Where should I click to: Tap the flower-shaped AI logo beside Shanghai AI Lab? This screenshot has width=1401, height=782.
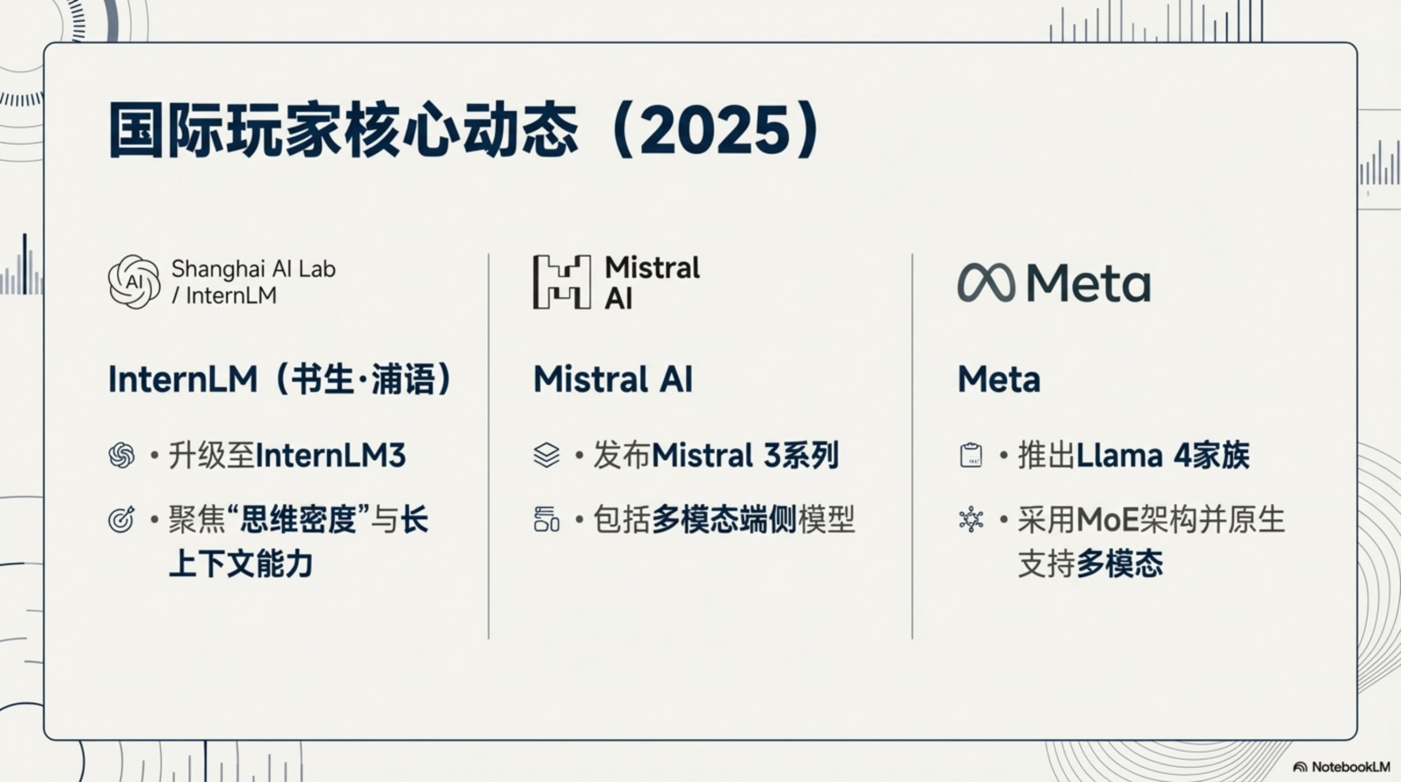134,281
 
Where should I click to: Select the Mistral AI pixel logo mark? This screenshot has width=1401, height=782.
561,282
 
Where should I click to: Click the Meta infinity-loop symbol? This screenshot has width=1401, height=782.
986,282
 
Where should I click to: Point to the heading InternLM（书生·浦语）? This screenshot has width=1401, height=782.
280,379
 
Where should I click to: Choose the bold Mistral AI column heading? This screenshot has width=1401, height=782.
613,379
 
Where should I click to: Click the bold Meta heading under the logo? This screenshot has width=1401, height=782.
999,379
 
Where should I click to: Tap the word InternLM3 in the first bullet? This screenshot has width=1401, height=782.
331,455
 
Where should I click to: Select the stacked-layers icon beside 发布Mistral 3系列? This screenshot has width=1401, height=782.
546,455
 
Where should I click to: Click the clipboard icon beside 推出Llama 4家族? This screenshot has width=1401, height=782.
971,455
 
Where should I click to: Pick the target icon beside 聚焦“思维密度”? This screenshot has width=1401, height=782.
121,519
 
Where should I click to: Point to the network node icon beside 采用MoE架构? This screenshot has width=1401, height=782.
971,519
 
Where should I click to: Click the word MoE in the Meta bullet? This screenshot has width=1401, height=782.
1107,519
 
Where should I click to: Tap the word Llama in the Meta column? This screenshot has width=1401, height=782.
1119,455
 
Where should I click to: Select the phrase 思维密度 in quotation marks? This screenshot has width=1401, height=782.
299,519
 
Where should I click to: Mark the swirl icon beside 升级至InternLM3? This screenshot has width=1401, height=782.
121,455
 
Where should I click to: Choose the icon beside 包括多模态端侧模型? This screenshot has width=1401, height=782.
546,519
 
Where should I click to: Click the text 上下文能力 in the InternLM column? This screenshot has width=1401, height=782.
241,564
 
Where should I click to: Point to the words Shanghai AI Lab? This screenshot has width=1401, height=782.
253,269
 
